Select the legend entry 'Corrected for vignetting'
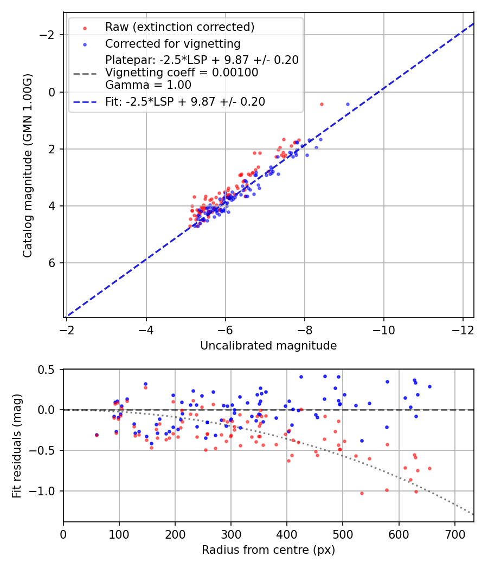coord(172,43)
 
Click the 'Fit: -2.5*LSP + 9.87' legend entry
coord(185,101)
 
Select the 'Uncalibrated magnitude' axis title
coord(268,346)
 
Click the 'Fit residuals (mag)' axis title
coord(16,445)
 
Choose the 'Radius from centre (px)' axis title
coord(268,550)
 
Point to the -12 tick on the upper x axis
coord(463,330)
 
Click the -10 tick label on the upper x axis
coord(383,330)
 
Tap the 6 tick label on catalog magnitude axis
coord(53,263)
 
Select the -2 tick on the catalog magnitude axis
coord(49,35)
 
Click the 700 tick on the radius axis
coord(454,534)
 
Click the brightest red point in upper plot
coord(322,104)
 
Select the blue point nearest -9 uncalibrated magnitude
coord(348,104)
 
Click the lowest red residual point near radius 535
coord(362,493)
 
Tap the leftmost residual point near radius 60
coord(97,435)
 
